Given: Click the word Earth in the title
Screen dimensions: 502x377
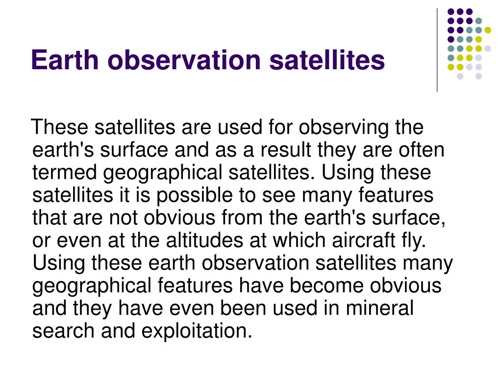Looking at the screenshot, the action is pos(65,59).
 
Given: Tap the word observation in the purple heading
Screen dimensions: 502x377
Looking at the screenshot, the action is pos(184,59).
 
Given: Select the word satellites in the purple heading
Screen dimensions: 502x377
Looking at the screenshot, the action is pos(327,59).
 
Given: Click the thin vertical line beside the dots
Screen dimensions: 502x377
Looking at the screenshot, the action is pos(437,51).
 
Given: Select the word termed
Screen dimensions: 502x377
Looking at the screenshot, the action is pos(64,172).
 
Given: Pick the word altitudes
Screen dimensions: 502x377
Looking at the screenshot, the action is pos(204,240).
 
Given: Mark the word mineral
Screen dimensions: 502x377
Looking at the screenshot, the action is pos(380,308).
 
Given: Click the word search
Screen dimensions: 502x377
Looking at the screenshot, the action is pos(63,330).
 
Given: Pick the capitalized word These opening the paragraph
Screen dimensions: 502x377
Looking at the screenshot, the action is pos(59,127).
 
